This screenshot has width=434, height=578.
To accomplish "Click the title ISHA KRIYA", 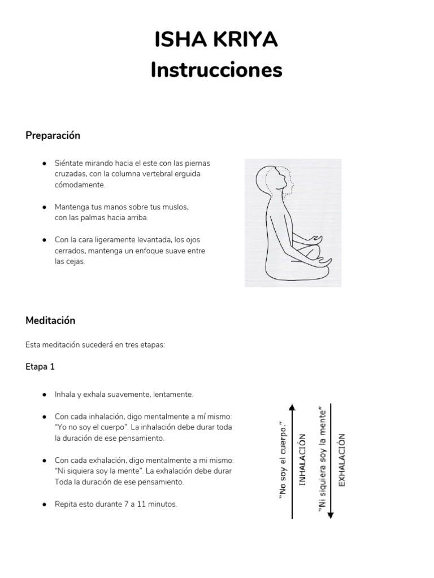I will click(216, 41).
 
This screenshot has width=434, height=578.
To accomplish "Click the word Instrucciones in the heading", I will click(216, 70).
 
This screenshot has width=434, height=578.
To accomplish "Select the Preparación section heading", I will click(53, 135).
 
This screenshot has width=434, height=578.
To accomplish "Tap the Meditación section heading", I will click(50, 320).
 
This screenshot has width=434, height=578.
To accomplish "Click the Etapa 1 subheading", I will click(40, 366).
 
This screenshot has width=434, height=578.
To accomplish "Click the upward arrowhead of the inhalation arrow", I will click(292, 407).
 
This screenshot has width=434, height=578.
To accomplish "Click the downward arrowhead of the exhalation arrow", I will click(331, 514).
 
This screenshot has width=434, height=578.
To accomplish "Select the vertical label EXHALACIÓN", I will click(341, 459).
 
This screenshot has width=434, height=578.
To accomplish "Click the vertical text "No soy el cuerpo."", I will click(283, 460).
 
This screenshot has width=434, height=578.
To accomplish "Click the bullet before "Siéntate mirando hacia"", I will click(44, 163).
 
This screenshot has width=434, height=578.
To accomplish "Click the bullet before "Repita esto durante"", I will click(44, 504).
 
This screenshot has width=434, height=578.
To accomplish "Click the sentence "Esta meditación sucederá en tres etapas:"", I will click(95, 344).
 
